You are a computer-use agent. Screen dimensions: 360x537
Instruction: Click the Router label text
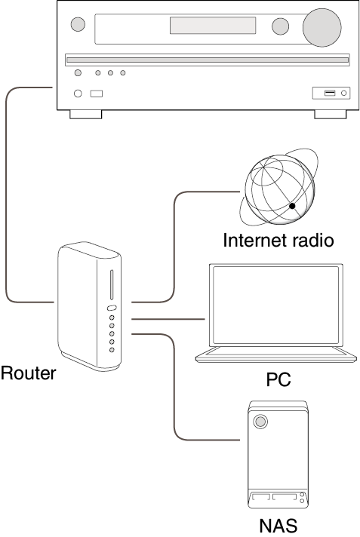tap(28, 373)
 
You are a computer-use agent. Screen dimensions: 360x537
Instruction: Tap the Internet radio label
tap(278, 240)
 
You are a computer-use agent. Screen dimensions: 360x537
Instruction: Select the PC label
tap(278, 379)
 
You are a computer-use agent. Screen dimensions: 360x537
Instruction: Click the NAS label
tap(278, 526)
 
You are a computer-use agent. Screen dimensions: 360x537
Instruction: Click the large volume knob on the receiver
tap(322, 27)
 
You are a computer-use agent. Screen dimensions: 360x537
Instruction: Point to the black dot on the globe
tap(292, 206)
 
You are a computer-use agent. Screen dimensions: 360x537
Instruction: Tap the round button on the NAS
tap(260, 422)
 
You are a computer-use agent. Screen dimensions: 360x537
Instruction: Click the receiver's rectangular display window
tap(213, 26)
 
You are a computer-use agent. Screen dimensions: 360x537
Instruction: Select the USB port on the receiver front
tap(330, 93)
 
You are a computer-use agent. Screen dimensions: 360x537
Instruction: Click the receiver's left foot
tap(86, 115)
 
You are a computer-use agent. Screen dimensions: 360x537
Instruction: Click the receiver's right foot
tap(330, 115)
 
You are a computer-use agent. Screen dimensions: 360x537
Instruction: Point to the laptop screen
tap(276, 305)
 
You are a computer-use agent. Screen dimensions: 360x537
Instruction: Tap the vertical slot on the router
tap(112, 284)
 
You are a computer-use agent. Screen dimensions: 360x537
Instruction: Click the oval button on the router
tap(112, 308)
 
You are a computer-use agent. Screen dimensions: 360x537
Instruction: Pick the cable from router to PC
tap(168, 319)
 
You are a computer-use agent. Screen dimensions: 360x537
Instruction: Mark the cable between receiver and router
tap(6, 195)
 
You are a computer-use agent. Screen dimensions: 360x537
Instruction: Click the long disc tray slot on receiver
tap(208, 60)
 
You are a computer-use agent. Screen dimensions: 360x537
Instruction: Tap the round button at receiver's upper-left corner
tap(78, 24)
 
